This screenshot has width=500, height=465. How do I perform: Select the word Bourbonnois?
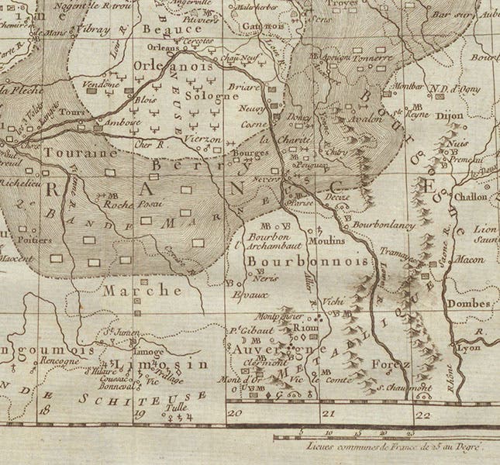coord(307,263)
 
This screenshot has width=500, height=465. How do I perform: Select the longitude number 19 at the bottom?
coord(140,415)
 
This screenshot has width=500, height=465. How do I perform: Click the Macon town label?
coord(470,260)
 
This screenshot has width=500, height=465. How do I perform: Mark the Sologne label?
coord(210,97)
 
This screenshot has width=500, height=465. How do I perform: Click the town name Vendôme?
coord(101,84)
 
